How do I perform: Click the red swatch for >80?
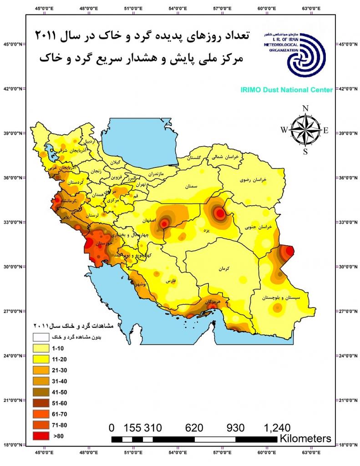point(42,436)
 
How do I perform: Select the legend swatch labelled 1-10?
point(42,348)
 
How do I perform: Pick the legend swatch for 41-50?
point(42,392)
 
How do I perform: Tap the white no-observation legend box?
point(42,337)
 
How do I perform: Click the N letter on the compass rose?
point(306,108)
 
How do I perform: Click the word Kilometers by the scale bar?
point(305,439)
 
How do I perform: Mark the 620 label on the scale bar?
point(195,428)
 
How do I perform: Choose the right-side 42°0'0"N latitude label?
point(348,89)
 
